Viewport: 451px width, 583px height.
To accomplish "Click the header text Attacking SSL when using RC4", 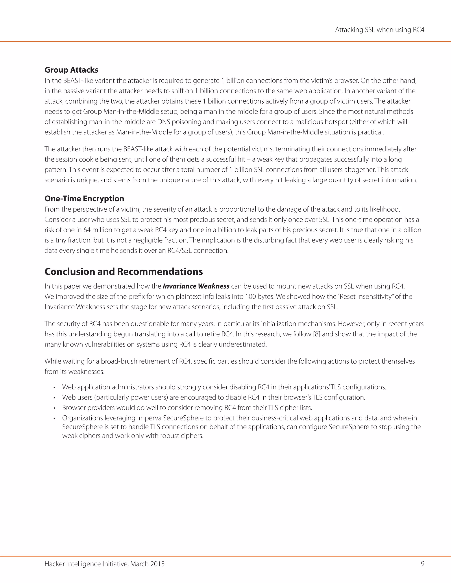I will point(379,30).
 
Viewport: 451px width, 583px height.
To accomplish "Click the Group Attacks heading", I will point(71,70).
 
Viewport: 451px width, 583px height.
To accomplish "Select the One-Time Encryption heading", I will point(84,199).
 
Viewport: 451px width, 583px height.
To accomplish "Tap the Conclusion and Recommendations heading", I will point(124,271).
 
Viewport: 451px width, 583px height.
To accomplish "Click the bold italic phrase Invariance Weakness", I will point(196,286).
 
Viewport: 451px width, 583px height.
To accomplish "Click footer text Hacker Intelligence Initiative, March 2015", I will point(104,564).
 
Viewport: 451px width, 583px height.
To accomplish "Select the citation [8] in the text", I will point(316,334).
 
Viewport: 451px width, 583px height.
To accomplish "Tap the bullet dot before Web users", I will point(54,398).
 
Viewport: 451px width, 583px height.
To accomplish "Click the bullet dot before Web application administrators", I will point(54,388).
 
